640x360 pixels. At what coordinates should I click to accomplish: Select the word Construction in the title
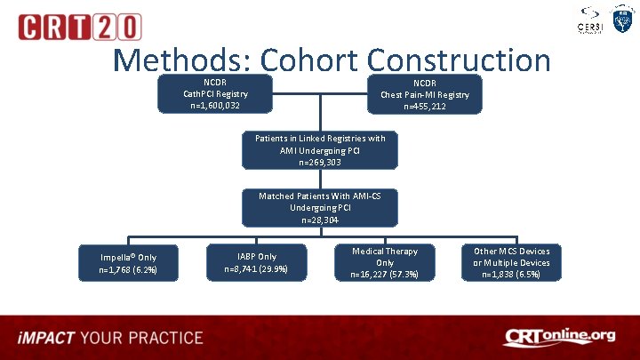[459, 61]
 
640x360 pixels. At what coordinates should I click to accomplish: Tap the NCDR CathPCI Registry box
[215, 93]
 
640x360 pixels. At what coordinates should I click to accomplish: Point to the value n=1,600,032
[215, 106]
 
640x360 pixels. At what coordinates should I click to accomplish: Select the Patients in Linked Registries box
[319, 150]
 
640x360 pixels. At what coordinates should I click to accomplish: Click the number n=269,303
[319, 163]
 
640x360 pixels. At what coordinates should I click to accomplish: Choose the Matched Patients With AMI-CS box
[319, 207]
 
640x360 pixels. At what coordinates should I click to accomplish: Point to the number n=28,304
[319, 220]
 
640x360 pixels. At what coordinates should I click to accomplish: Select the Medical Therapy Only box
[384, 262]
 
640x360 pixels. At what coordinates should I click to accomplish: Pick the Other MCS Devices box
[511, 262]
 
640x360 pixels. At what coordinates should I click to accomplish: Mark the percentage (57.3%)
[403, 275]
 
